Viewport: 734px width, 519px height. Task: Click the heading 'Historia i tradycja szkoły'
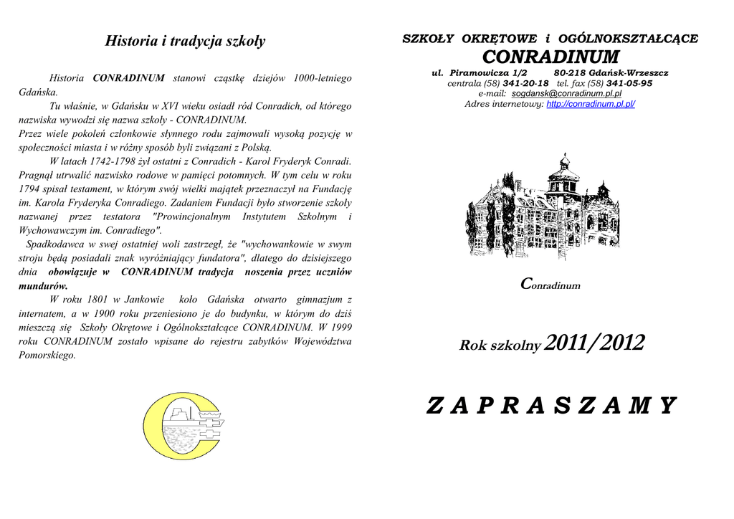coord(185,41)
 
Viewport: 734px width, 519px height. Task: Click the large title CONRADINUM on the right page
coord(550,57)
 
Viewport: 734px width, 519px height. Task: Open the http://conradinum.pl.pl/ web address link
coord(591,104)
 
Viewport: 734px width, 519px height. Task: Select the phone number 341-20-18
coord(526,83)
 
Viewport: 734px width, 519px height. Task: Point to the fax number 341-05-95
coord(629,83)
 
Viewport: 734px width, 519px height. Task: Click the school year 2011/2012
coord(594,344)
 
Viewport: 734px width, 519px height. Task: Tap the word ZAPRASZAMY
coord(550,406)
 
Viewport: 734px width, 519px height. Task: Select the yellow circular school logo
coord(183,426)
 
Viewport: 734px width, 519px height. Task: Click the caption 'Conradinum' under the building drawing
coord(550,285)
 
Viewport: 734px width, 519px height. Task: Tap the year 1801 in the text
coord(97,299)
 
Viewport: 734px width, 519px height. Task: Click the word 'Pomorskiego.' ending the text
coord(47,354)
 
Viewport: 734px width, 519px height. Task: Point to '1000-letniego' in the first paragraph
coord(318,77)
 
